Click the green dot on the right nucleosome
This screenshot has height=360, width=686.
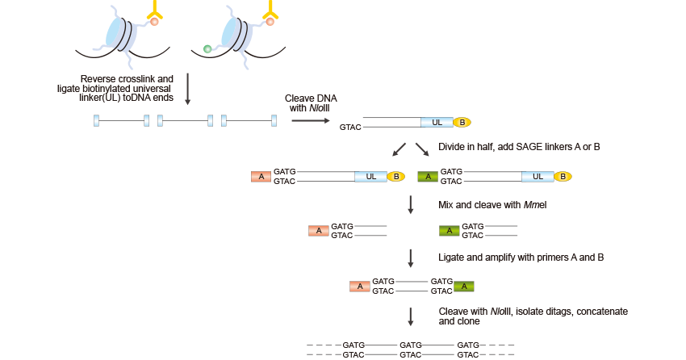(x=207, y=49)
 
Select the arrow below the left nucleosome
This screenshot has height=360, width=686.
(x=188, y=89)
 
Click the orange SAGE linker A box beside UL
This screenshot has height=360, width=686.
(x=261, y=177)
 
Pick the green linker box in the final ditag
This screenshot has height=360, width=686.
(x=463, y=286)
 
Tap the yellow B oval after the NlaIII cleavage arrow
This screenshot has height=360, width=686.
(x=462, y=123)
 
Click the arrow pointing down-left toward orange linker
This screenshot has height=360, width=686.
(x=399, y=149)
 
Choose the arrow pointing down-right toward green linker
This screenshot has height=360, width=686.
(x=422, y=149)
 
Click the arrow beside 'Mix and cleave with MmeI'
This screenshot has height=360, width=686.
(x=411, y=205)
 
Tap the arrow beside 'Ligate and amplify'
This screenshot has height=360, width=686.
(x=411, y=257)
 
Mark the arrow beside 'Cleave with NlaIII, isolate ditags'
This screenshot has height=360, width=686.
(x=411, y=316)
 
